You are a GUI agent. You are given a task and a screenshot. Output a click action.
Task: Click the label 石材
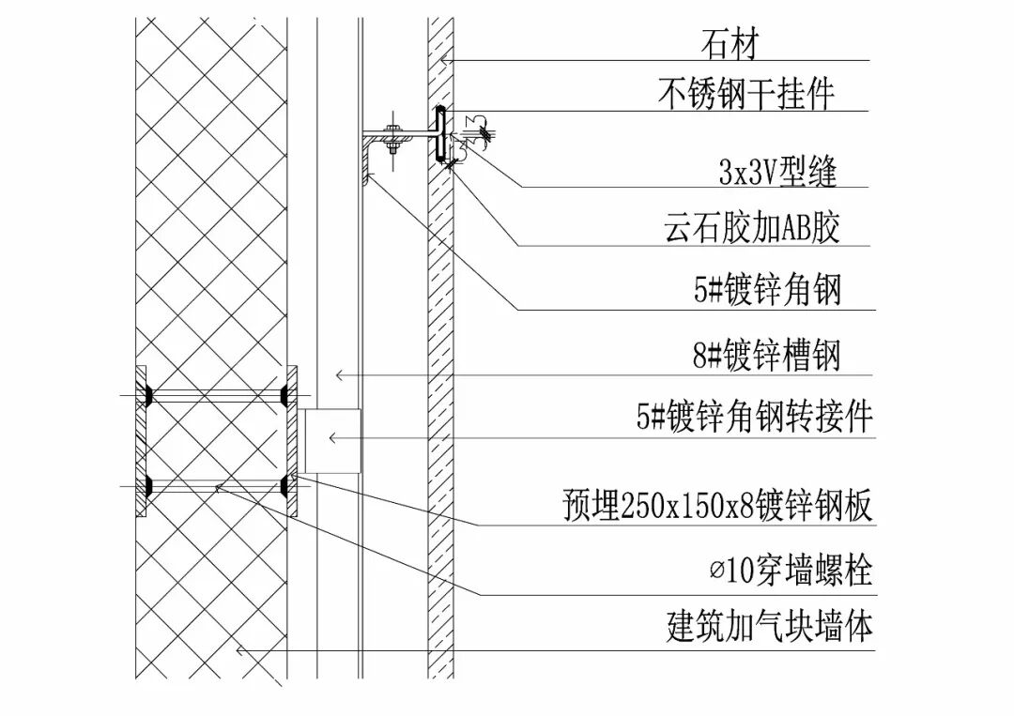pyautogui.click(x=729, y=44)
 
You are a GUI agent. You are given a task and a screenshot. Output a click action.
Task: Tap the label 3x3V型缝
pyautogui.click(x=776, y=172)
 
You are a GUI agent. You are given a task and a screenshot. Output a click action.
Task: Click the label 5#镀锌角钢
pyautogui.click(x=767, y=290)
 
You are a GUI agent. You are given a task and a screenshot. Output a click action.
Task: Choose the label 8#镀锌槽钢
pyautogui.click(x=767, y=357)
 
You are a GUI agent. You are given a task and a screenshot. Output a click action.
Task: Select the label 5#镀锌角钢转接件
pyautogui.click(x=755, y=416)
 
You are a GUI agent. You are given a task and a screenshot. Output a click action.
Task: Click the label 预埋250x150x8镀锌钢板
pyautogui.click(x=717, y=507)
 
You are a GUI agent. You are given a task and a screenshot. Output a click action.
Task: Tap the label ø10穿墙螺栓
pyautogui.click(x=791, y=570)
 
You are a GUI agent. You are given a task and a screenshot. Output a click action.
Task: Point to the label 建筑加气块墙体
pyautogui.click(x=769, y=626)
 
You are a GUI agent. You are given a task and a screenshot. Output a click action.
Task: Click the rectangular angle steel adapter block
pyautogui.click(x=333, y=440)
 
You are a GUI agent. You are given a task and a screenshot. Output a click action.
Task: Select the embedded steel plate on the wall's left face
pyautogui.click(x=142, y=440)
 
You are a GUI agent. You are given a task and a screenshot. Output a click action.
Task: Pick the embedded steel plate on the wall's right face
pyautogui.click(x=292, y=440)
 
